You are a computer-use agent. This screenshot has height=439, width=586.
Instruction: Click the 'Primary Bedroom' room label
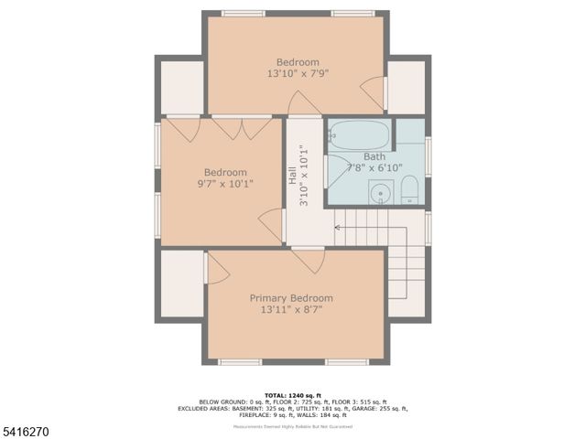pyautogui.click(x=291, y=298)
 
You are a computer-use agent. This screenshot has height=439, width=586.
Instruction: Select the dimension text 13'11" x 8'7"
pyautogui.click(x=291, y=311)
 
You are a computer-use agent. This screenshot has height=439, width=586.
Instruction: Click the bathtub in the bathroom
pyautogui.click(x=359, y=135)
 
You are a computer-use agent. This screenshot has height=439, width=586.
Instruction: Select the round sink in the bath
pyautogui.click(x=380, y=193)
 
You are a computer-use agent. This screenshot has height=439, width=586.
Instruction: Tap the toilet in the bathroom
pyautogui.click(x=409, y=192)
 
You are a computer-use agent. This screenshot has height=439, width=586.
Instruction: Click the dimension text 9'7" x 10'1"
pyautogui.click(x=225, y=184)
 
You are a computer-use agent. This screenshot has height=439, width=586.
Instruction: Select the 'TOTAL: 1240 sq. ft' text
pyautogui.click(x=293, y=392)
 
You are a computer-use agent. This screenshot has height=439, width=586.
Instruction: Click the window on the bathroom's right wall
pyautogui.click(x=428, y=153)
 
